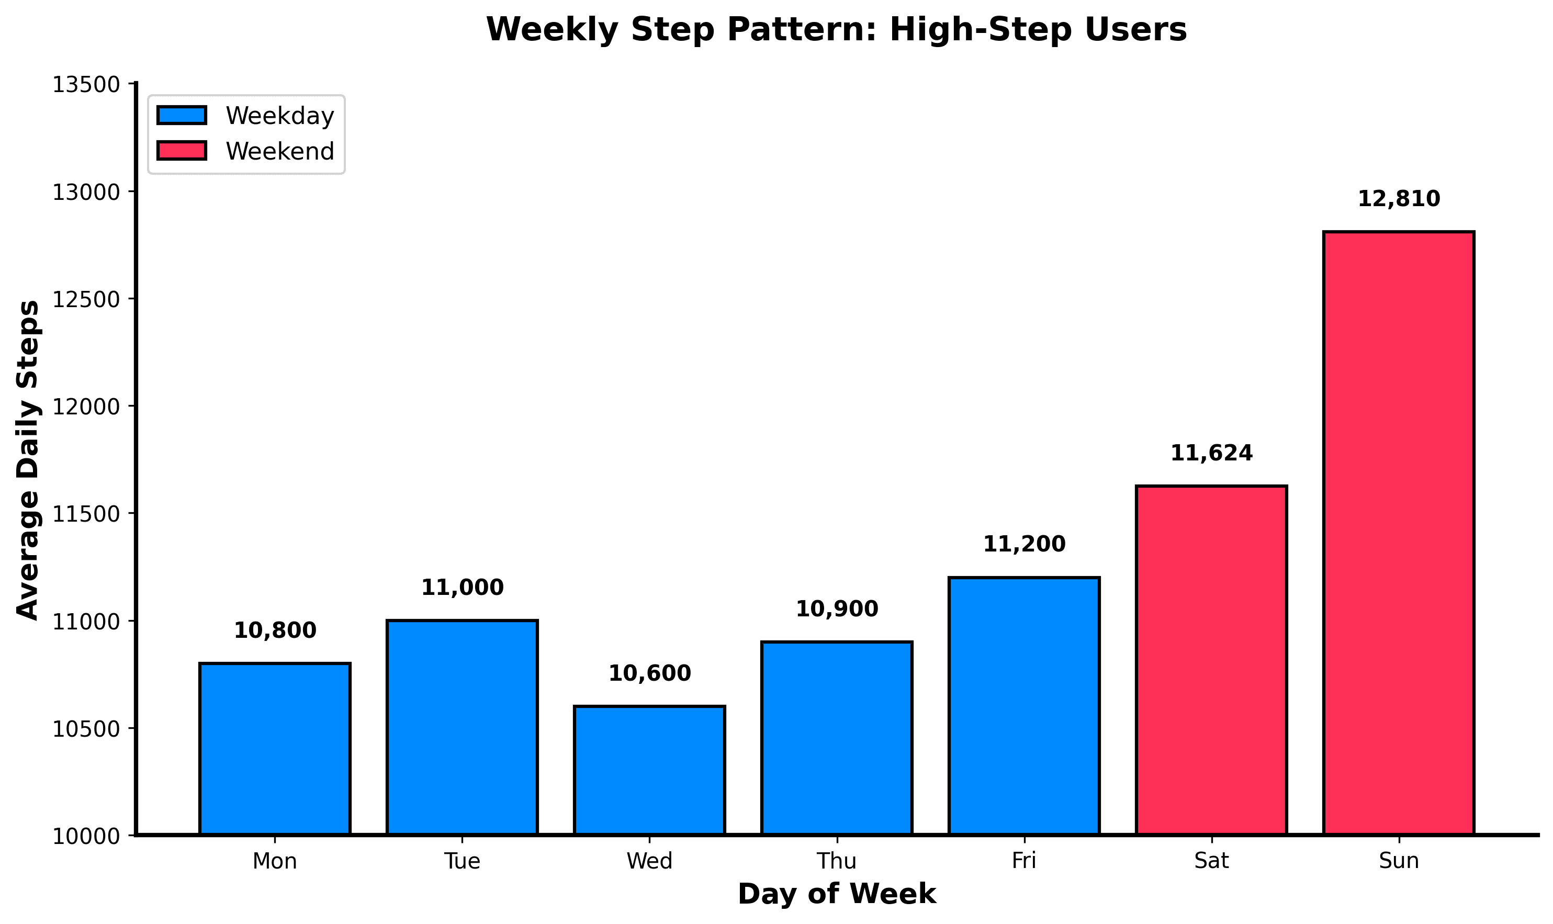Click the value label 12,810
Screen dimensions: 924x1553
pyautogui.click(x=1399, y=199)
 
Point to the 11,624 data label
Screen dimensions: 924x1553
pyautogui.click(x=1211, y=453)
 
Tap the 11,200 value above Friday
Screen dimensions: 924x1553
pyautogui.click(x=1023, y=544)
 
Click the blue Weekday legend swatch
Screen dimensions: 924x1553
pyautogui.click(x=181, y=116)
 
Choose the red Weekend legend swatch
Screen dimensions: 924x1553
pyautogui.click(x=181, y=151)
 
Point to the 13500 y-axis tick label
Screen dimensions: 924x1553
pyautogui.click(x=86, y=85)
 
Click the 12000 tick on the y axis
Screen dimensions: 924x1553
pyautogui.click(x=86, y=407)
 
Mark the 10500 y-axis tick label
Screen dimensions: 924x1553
pyautogui.click(x=86, y=729)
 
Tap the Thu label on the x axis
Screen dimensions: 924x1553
pyautogui.click(x=836, y=861)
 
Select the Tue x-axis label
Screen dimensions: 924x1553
pyautogui.click(x=462, y=861)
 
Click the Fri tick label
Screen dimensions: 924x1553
pyautogui.click(x=1023, y=861)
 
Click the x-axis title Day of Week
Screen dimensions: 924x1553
pyautogui.click(x=836, y=894)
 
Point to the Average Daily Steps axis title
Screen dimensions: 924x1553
pyautogui.click(x=28, y=461)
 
